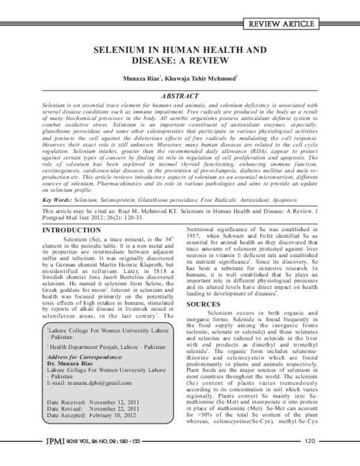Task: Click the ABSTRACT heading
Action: (181, 96)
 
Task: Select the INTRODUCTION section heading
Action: (74, 214)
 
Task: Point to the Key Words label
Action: (59, 182)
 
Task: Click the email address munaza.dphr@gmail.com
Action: (99, 383)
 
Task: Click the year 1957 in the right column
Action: (196, 236)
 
